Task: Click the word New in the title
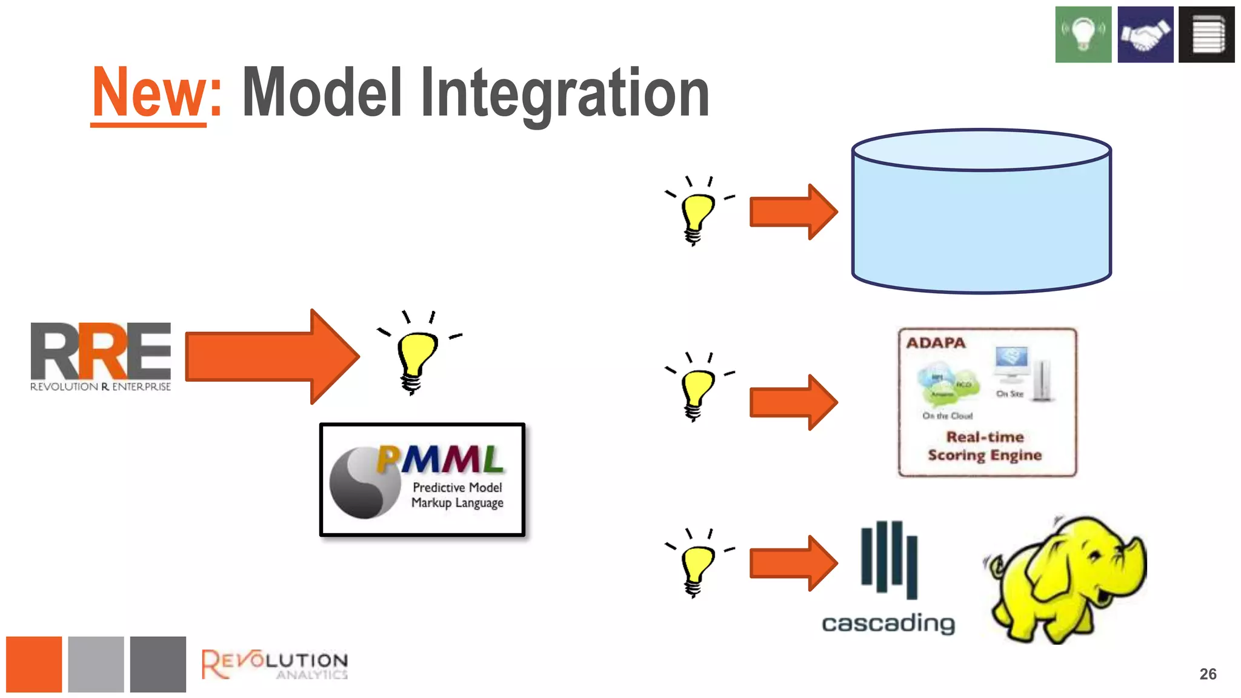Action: click(149, 92)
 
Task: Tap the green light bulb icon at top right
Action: click(1083, 35)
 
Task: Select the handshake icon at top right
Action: click(1145, 35)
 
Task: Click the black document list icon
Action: click(1206, 35)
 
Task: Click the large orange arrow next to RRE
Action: click(271, 356)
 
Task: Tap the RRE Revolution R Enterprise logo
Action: click(101, 356)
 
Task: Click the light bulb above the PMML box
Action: click(416, 357)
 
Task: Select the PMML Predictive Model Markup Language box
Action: click(422, 479)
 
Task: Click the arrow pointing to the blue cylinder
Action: click(793, 212)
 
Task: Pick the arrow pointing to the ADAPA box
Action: click(793, 402)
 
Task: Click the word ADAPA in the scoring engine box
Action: click(936, 343)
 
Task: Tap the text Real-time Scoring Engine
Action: click(985, 446)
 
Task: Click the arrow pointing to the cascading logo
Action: click(793, 563)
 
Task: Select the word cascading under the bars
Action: click(888, 623)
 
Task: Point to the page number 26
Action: click(1208, 674)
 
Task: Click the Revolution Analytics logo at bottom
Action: click(274, 664)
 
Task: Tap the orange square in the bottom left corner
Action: click(34, 664)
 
